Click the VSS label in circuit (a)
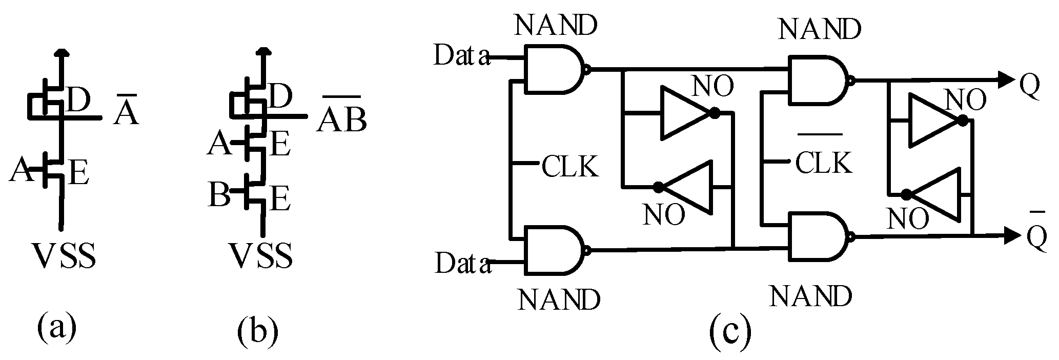(64, 256)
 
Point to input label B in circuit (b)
(219, 195)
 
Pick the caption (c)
(730, 333)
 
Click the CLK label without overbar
(569, 166)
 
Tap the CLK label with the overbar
(824, 162)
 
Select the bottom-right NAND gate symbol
(817, 237)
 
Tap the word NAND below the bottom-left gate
(558, 299)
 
